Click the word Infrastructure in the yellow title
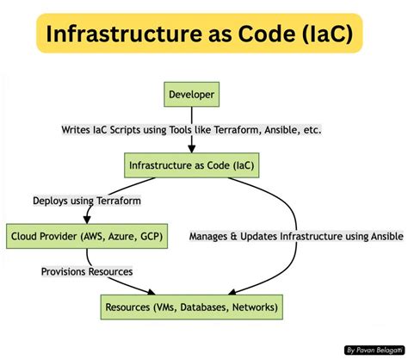(x=115, y=35)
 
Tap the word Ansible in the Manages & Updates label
(x=381, y=235)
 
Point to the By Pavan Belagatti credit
(x=372, y=350)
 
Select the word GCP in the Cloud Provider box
(x=151, y=235)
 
